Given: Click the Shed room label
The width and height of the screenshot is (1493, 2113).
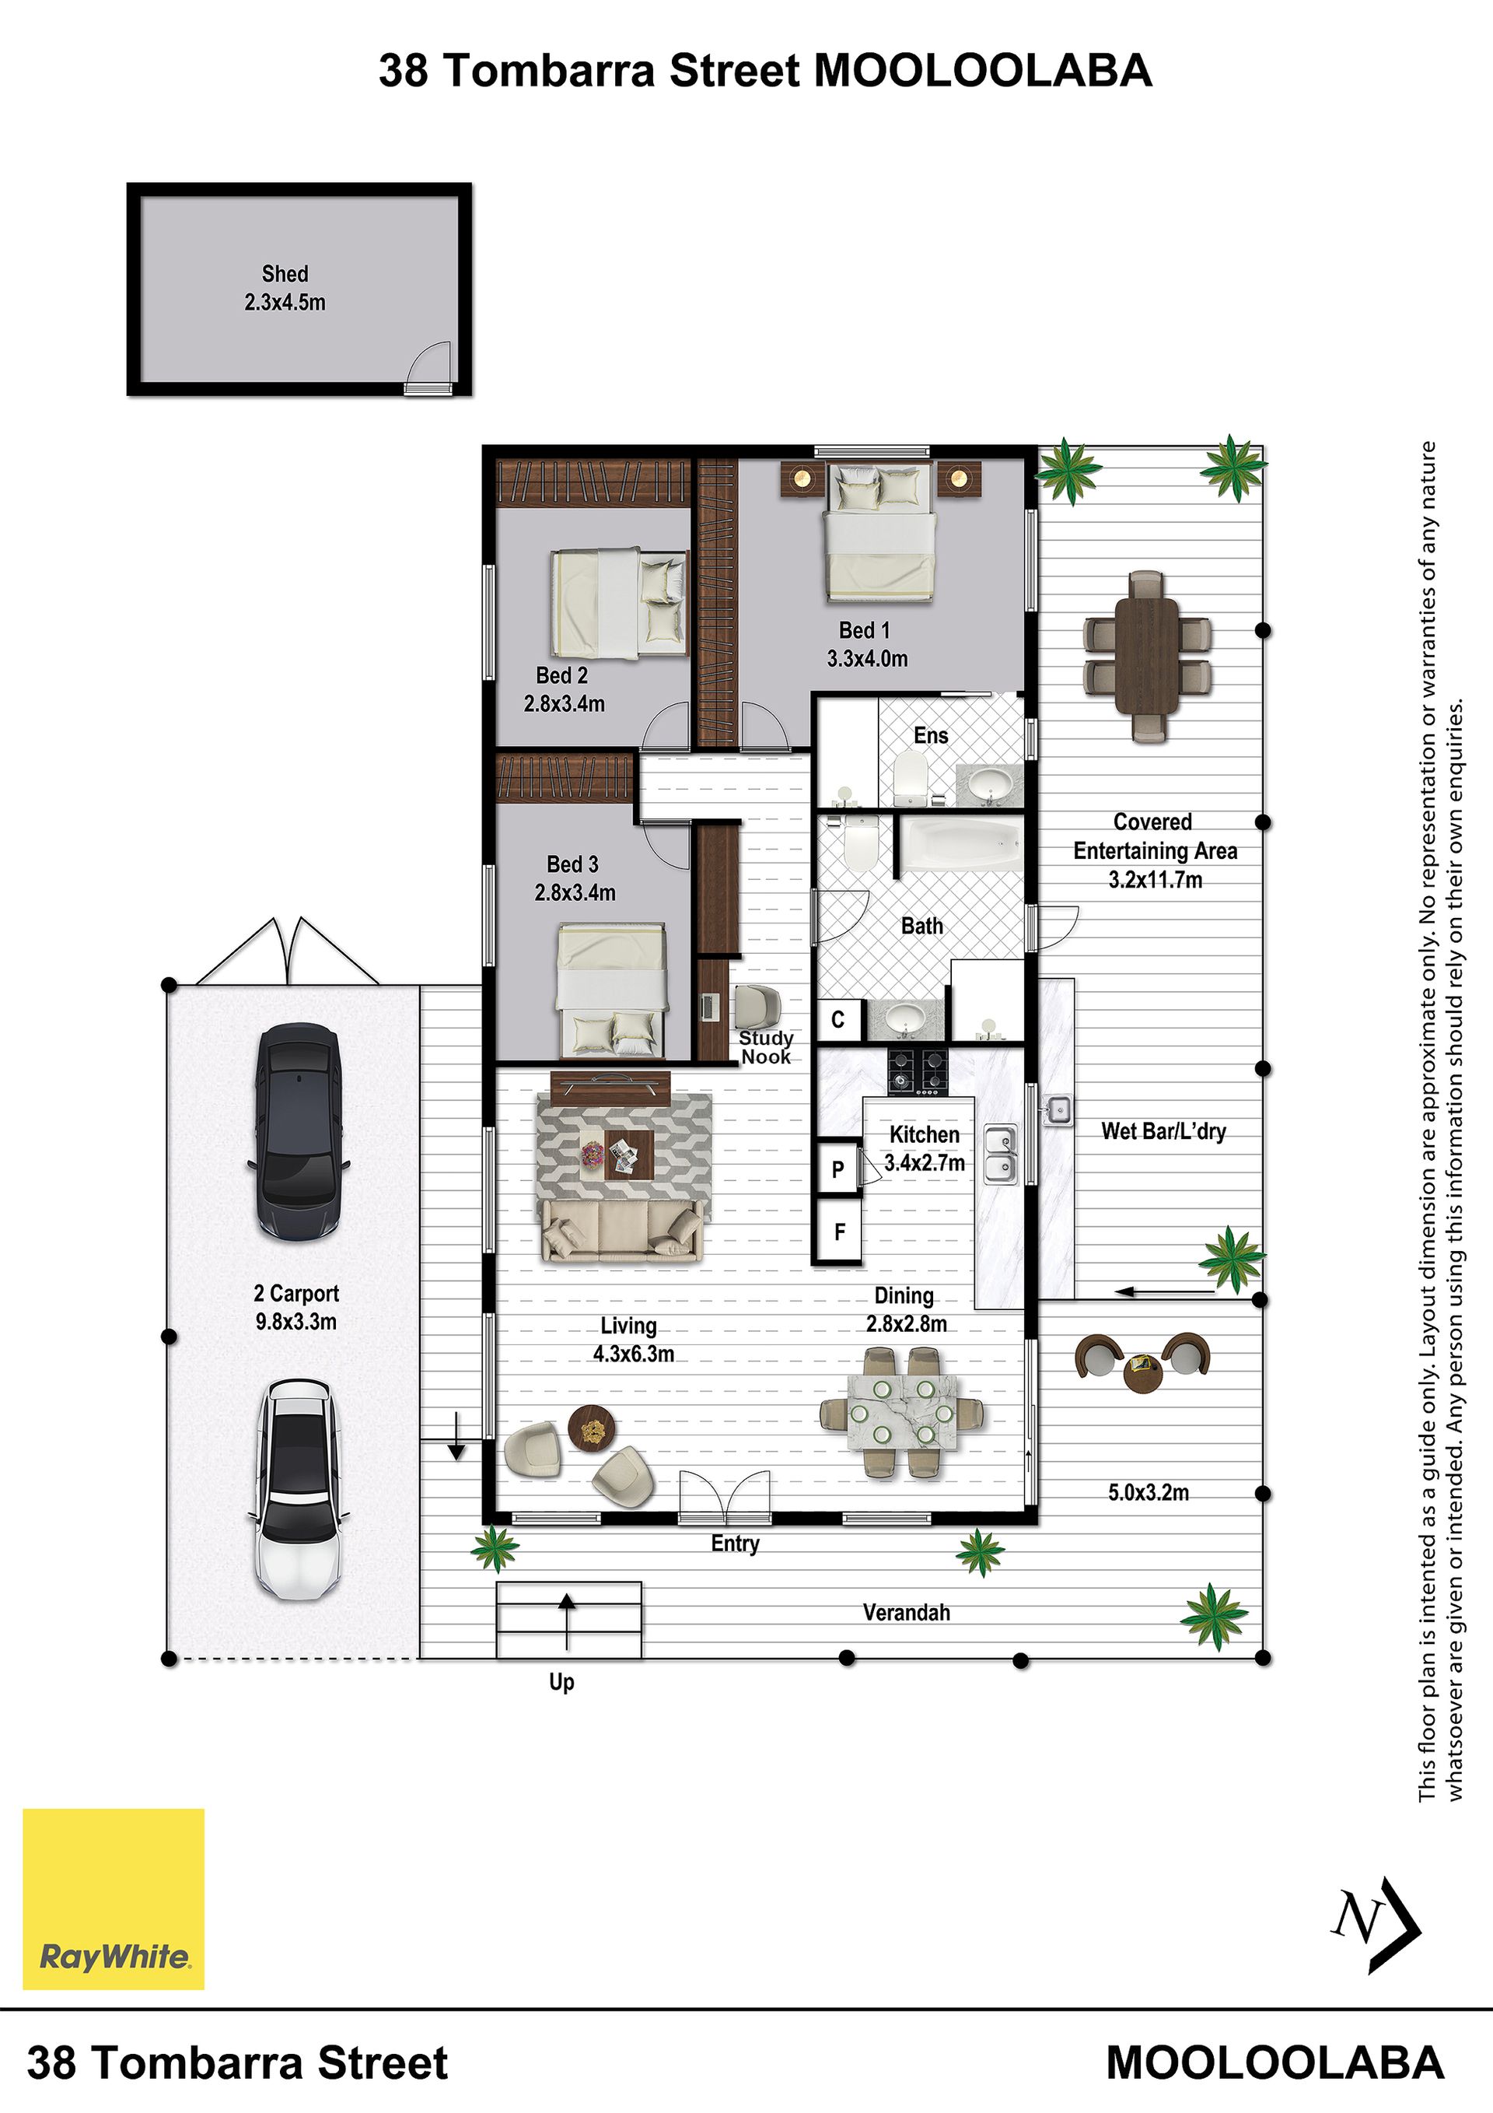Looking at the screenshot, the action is pos(285,287).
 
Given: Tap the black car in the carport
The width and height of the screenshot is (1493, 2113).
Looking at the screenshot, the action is pos(298,1131).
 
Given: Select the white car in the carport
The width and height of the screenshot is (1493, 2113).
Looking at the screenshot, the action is pos(297,1489).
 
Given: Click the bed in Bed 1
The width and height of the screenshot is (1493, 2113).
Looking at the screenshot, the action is pos(880,534).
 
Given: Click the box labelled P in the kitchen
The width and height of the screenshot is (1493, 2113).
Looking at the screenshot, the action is pos(837,1169).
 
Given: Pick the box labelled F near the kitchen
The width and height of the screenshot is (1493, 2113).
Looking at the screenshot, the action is pos(838,1231).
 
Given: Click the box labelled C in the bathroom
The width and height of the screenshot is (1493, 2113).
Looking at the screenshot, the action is pos(838,1020).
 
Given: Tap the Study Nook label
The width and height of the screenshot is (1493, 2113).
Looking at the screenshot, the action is pos(765,1047).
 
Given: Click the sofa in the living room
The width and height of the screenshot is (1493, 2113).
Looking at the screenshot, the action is pos(623,1231).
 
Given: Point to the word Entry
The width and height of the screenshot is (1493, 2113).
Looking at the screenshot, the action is pos(735,1544).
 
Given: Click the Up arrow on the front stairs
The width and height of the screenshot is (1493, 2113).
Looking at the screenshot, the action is pos(567,1621).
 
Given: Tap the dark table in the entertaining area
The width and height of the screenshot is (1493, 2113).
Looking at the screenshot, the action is pos(1146,655).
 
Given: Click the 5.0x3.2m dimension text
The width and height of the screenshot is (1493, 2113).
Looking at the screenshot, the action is pos(1148,1492).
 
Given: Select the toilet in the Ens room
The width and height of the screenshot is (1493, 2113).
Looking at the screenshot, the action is pos(910,779).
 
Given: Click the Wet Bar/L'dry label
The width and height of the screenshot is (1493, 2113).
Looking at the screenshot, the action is pos(1163,1131).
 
